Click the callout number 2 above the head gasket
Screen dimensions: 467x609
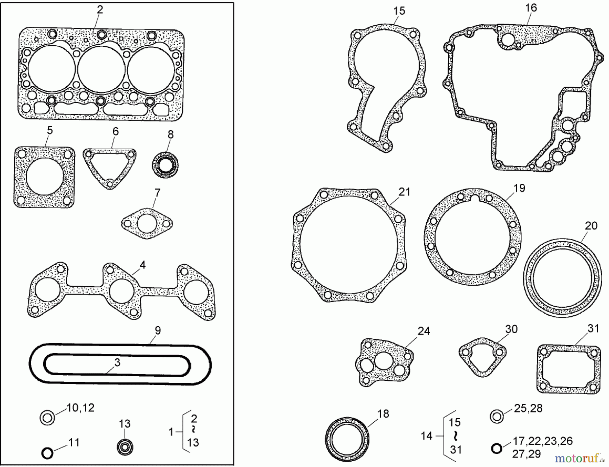pos(99,9)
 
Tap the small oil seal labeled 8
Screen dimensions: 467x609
pos(165,165)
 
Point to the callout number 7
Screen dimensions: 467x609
pos(157,193)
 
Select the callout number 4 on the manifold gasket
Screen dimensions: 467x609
pos(142,265)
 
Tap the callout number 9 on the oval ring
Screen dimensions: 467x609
pos(158,331)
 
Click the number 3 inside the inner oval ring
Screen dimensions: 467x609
pos(117,362)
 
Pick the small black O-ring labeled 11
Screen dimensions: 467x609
pos(47,452)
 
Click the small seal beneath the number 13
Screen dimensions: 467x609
pos(125,447)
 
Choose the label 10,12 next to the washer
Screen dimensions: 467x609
pos(80,408)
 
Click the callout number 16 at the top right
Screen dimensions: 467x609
pos(531,8)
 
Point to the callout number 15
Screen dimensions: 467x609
pos(399,11)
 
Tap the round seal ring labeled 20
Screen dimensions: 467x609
pos(562,278)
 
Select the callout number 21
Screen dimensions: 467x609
pos(404,192)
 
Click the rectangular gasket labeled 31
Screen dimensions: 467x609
pos(569,370)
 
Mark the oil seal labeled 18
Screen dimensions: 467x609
pos(347,440)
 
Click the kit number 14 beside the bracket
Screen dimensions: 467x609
pos(426,436)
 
